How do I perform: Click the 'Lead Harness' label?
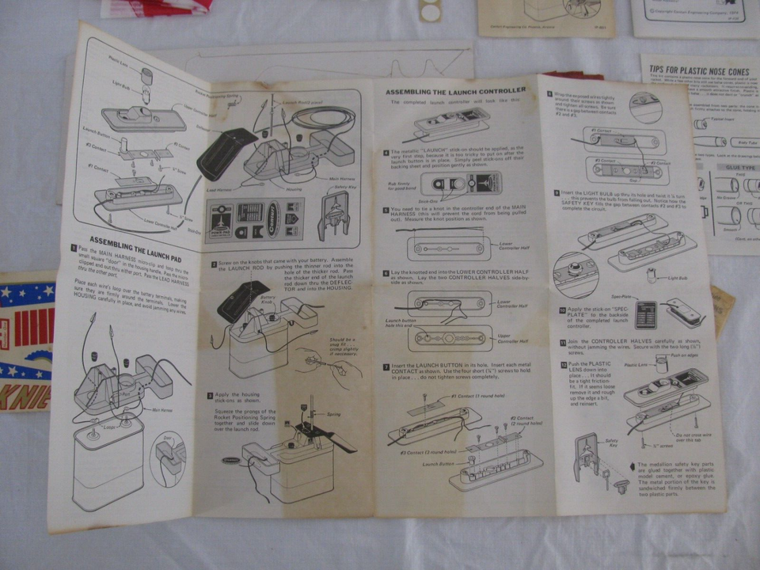pos(221,191)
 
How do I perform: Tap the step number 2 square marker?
pos(215,264)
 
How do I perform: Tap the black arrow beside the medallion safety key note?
pos(630,466)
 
